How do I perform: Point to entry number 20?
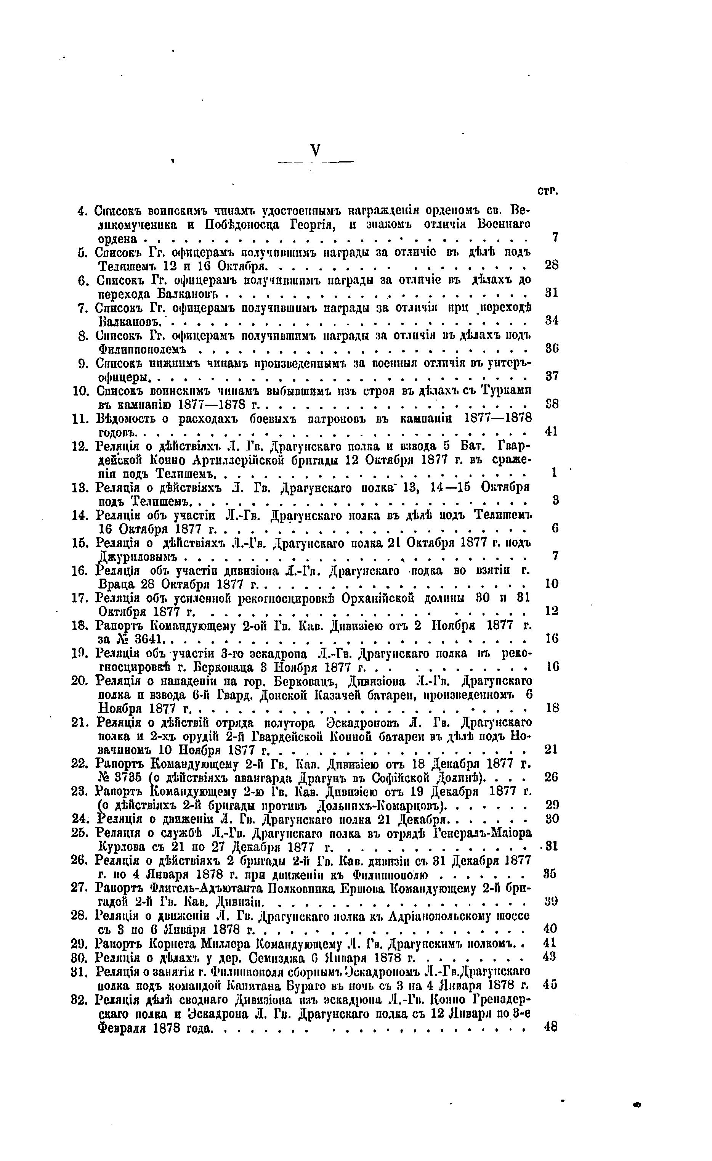coord(80,681)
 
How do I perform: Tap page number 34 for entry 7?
coord(552,320)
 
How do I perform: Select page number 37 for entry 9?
coord(552,376)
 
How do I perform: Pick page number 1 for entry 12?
coord(554,472)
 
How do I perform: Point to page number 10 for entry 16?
coord(552,584)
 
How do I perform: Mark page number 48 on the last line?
coord(550,1027)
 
